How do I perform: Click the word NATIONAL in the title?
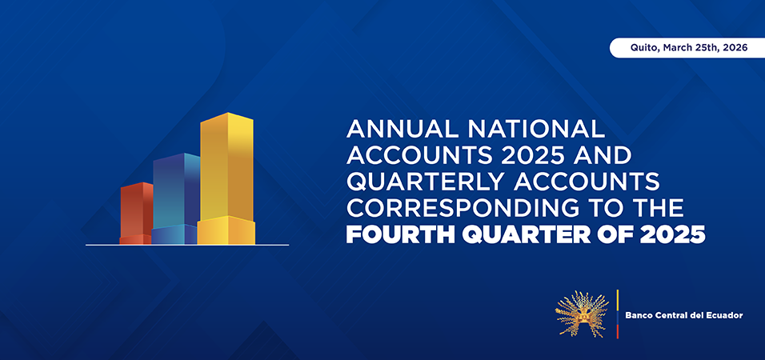(535, 129)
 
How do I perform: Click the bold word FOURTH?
(400, 234)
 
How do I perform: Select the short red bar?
(136, 213)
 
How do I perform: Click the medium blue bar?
(175, 198)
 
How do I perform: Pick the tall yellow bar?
(226, 178)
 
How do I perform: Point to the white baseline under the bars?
(187, 245)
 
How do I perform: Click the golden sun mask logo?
(582, 314)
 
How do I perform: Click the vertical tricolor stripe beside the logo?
(617, 314)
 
